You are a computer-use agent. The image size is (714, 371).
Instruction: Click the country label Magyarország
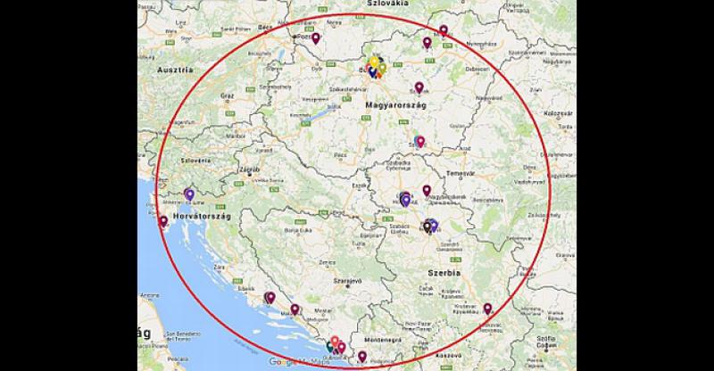pos(395,106)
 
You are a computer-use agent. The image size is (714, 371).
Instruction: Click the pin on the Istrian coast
pos(162,220)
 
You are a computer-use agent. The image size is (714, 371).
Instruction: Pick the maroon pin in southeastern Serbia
pos(487,309)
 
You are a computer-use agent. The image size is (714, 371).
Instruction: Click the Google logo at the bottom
pos(281,362)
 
